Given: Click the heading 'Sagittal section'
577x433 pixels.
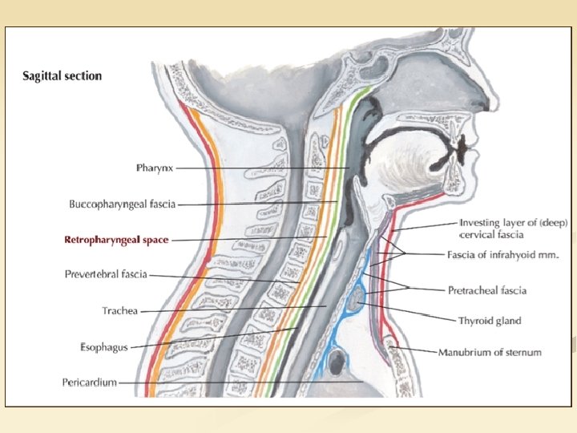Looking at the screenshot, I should click(x=62, y=76).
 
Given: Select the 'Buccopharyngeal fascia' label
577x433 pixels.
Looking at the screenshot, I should click(x=122, y=204).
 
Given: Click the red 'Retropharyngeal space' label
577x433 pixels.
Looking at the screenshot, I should click(x=116, y=240).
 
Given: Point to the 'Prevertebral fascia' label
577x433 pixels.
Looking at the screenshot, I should click(x=106, y=274).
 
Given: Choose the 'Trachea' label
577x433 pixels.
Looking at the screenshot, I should click(x=120, y=310).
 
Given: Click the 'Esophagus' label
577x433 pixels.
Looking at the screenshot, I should click(x=104, y=346).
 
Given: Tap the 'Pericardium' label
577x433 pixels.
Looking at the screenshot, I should click(x=89, y=382).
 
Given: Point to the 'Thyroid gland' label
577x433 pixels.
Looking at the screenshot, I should click(x=489, y=321).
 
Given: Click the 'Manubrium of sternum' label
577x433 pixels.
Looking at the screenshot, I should click(x=490, y=352).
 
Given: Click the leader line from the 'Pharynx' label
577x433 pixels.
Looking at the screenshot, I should click(x=264, y=168).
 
